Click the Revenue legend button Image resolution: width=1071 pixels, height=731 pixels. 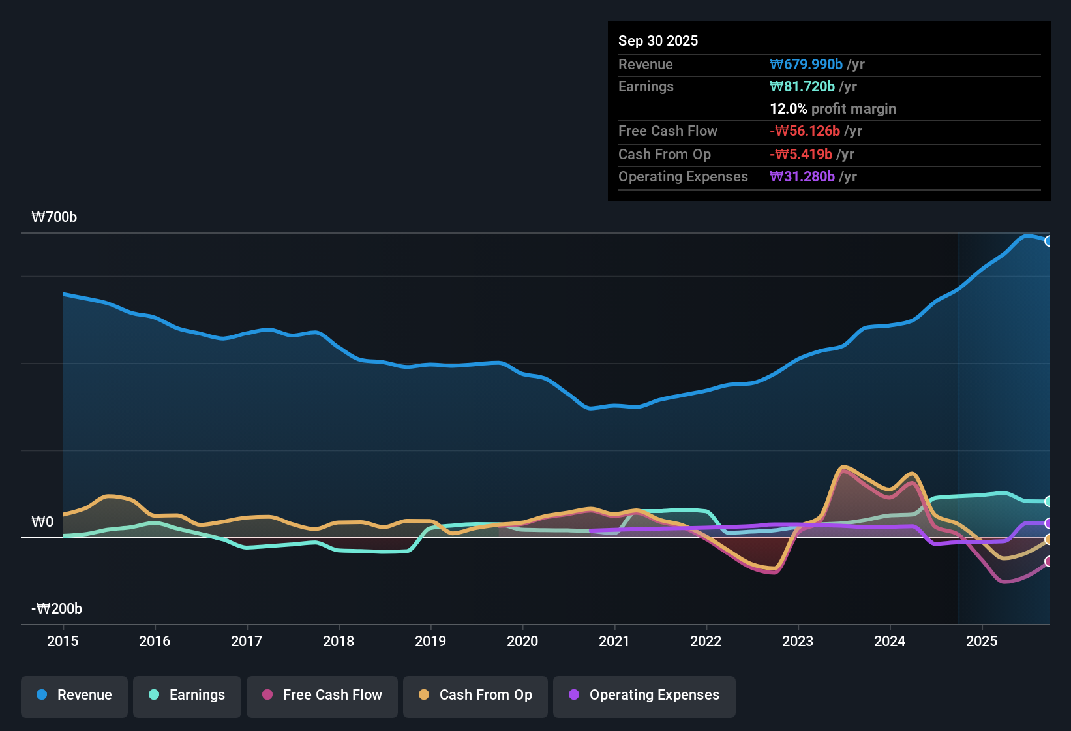[x=74, y=695]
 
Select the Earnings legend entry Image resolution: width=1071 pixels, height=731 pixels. [x=187, y=695]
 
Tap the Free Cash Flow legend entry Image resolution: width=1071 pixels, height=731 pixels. [x=322, y=695]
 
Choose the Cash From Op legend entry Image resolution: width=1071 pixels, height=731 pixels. [x=475, y=695]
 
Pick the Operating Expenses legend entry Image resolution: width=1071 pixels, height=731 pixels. [x=644, y=695]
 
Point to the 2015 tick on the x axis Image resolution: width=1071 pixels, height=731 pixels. [x=63, y=641]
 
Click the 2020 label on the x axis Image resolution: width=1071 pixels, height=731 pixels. [x=522, y=641]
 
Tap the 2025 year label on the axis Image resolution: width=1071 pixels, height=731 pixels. [x=982, y=641]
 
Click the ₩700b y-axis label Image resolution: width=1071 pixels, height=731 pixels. [x=54, y=217]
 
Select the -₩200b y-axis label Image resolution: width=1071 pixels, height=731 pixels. [x=57, y=609]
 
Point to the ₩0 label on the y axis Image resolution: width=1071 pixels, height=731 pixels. [x=42, y=522]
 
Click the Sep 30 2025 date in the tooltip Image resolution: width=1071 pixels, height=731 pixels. [x=658, y=41]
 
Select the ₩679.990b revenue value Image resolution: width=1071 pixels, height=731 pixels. [x=806, y=65]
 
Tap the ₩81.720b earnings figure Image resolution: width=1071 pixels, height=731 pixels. [x=802, y=87]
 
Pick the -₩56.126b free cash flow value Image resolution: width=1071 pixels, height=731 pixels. [x=805, y=131]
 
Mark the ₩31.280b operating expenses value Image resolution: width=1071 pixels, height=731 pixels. [x=802, y=177]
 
